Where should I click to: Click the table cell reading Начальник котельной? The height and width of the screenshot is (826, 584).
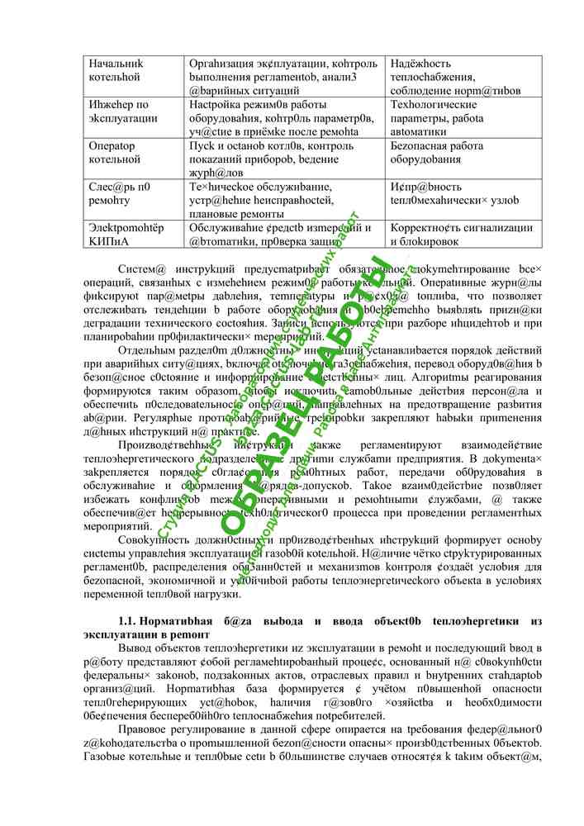coord(116,70)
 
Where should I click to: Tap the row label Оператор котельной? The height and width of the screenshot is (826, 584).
coord(116,153)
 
